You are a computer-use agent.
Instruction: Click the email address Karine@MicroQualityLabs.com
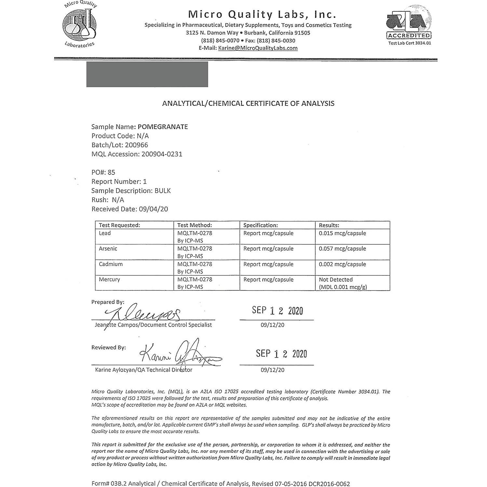(x=258, y=48)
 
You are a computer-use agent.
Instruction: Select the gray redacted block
(x=147, y=74)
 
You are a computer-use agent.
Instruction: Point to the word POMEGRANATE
(x=163, y=127)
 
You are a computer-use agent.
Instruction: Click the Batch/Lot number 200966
(x=136, y=145)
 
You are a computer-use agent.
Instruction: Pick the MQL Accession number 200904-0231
(x=162, y=154)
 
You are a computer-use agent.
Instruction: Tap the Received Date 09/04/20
(x=153, y=209)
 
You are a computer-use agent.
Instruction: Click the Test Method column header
(x=195, y=225)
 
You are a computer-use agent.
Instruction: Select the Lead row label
(x=105, y=233)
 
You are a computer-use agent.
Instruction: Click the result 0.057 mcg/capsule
(x=342, y=249)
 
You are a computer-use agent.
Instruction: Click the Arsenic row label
(x=108, y=249)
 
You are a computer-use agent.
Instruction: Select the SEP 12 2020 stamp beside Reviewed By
(x=281, y=354)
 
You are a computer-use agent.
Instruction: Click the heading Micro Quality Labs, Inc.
(x=262, y=15)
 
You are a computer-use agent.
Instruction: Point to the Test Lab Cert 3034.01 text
(x=409, y=43)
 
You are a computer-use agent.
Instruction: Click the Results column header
(x=329, y=225)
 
